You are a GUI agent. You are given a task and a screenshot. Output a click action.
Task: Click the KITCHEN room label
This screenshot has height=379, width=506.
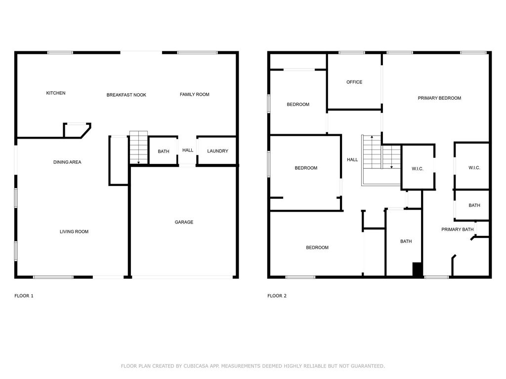click(x=56, y=93)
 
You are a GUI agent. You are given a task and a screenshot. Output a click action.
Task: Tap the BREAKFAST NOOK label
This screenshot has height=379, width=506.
click(x=126, y=95)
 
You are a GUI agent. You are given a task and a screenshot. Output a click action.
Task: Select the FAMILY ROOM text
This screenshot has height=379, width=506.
click(x=194, y=94)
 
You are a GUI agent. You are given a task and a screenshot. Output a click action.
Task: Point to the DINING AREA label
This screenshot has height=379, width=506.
click(x=67, y=162)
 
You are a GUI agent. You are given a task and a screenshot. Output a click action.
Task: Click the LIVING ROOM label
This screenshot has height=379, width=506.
click(x=74, y=231)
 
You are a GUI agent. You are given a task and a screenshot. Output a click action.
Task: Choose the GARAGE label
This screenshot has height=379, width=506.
click(x=184, y=222)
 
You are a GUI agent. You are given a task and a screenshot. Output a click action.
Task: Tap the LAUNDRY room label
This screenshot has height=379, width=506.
click(x=217, y=151)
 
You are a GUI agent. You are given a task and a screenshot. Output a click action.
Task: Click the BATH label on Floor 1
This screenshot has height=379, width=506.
click(x=164, y=152)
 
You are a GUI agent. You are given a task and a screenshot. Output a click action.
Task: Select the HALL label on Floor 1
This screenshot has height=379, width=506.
click(x=188, y=151)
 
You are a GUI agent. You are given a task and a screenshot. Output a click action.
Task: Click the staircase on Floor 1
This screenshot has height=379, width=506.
click(x=138, y=148)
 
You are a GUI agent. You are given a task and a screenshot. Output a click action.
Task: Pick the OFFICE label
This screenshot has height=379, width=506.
click(x=354, y=82)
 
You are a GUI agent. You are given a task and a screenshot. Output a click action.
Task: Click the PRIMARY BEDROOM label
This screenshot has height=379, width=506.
click(x=439, y=98)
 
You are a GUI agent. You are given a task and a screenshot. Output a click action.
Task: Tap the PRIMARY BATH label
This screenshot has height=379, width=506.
click(x=457, y=229)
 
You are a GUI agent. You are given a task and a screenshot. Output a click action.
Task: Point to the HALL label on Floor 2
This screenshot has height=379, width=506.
click(x=352, y=160)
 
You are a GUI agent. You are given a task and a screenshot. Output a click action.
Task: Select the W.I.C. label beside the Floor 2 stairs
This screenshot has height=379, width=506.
click(x=418, y=169)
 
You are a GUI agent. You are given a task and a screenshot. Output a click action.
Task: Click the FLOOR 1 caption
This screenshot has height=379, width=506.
click(x=24, y=296)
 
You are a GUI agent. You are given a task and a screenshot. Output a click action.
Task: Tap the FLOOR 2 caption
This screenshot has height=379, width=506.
click(x=277, y=296)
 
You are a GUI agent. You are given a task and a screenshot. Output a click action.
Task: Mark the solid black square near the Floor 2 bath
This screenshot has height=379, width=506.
click(x=418, y=269)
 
